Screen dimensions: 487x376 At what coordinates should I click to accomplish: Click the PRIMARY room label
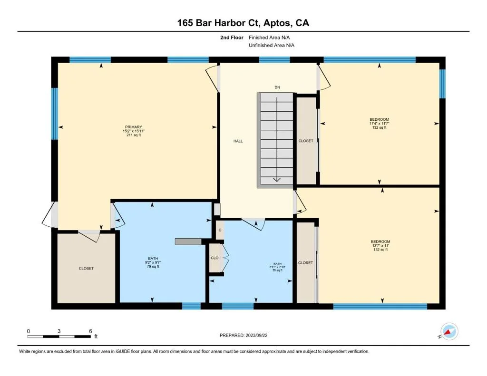pyautogui.click(x=134, y=127)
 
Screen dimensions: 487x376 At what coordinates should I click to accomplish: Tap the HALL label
pyautogui.click(x=238, y=141)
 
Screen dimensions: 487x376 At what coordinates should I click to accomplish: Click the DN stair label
pyautogui.click(x=277, y=87)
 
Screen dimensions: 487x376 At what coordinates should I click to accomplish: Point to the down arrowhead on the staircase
pyautogui.click(x=277, y=180)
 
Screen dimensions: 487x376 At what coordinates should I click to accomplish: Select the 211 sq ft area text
pyautogui.click(x=134, y=135)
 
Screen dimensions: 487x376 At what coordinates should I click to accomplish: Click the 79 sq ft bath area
pyautogui.click(x=153, y=266)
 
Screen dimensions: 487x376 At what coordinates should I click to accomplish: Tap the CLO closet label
pyautogui.click(x=214, y=258)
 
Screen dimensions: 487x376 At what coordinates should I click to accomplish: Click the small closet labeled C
pyautogui.click(x=220, y=230)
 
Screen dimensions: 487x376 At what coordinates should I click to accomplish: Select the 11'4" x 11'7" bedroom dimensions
pyautogui.click(x=379, y=123)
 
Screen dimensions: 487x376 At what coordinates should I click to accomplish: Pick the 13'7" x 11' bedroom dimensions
pyautogui.click(x=380, y=246)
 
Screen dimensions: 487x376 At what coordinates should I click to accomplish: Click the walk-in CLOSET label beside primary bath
pyautogui.click(x=86, y=268)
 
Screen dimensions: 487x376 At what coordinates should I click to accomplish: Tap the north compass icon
pyautogui.click(x=449, y=332)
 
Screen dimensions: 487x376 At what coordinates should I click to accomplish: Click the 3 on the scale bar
pyautogui.click(x=59, y=331)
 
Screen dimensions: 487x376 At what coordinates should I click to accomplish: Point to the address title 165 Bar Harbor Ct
pyautogui.click(x=220, y=23)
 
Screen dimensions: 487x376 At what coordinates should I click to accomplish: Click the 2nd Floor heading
pyautogui.click(x=232, y=38)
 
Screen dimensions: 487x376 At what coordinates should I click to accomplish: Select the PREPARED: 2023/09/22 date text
pyautogui.click(x=243, y=335)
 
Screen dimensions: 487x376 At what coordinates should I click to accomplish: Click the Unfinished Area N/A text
pyautogui.click(x=272, y=45)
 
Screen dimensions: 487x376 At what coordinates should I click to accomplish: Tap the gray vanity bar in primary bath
pyautogui.click(x=188, y=241)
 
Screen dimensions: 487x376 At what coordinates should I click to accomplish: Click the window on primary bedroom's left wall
pyautogui.click(x=55, y=114)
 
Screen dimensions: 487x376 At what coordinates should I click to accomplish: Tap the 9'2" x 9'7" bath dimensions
pyautogui.click(x=153, y=262)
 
